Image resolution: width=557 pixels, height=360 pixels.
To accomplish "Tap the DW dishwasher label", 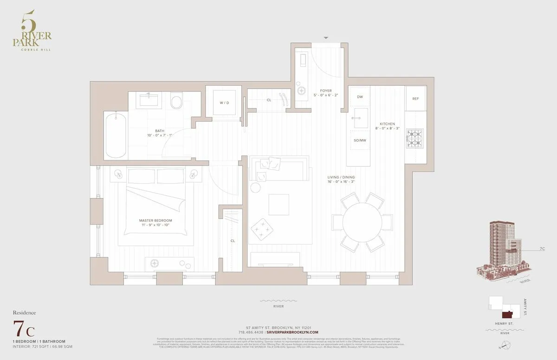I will pos(360,97).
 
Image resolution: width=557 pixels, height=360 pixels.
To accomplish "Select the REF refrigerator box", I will pos(415,99).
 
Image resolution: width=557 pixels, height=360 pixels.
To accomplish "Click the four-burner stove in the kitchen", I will pos(415,138).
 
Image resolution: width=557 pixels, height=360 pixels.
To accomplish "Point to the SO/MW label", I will pos(359,140).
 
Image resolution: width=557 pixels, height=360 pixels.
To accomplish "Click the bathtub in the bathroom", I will pos(115,136).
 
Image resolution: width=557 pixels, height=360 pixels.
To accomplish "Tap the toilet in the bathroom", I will pos(177,102).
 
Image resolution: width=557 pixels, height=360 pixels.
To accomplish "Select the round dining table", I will pos(362,222).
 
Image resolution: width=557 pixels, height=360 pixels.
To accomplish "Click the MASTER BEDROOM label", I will pos(155,220).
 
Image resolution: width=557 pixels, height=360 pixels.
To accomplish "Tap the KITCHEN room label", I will pos(387,124).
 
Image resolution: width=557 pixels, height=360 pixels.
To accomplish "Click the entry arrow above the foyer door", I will pos(326,38).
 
